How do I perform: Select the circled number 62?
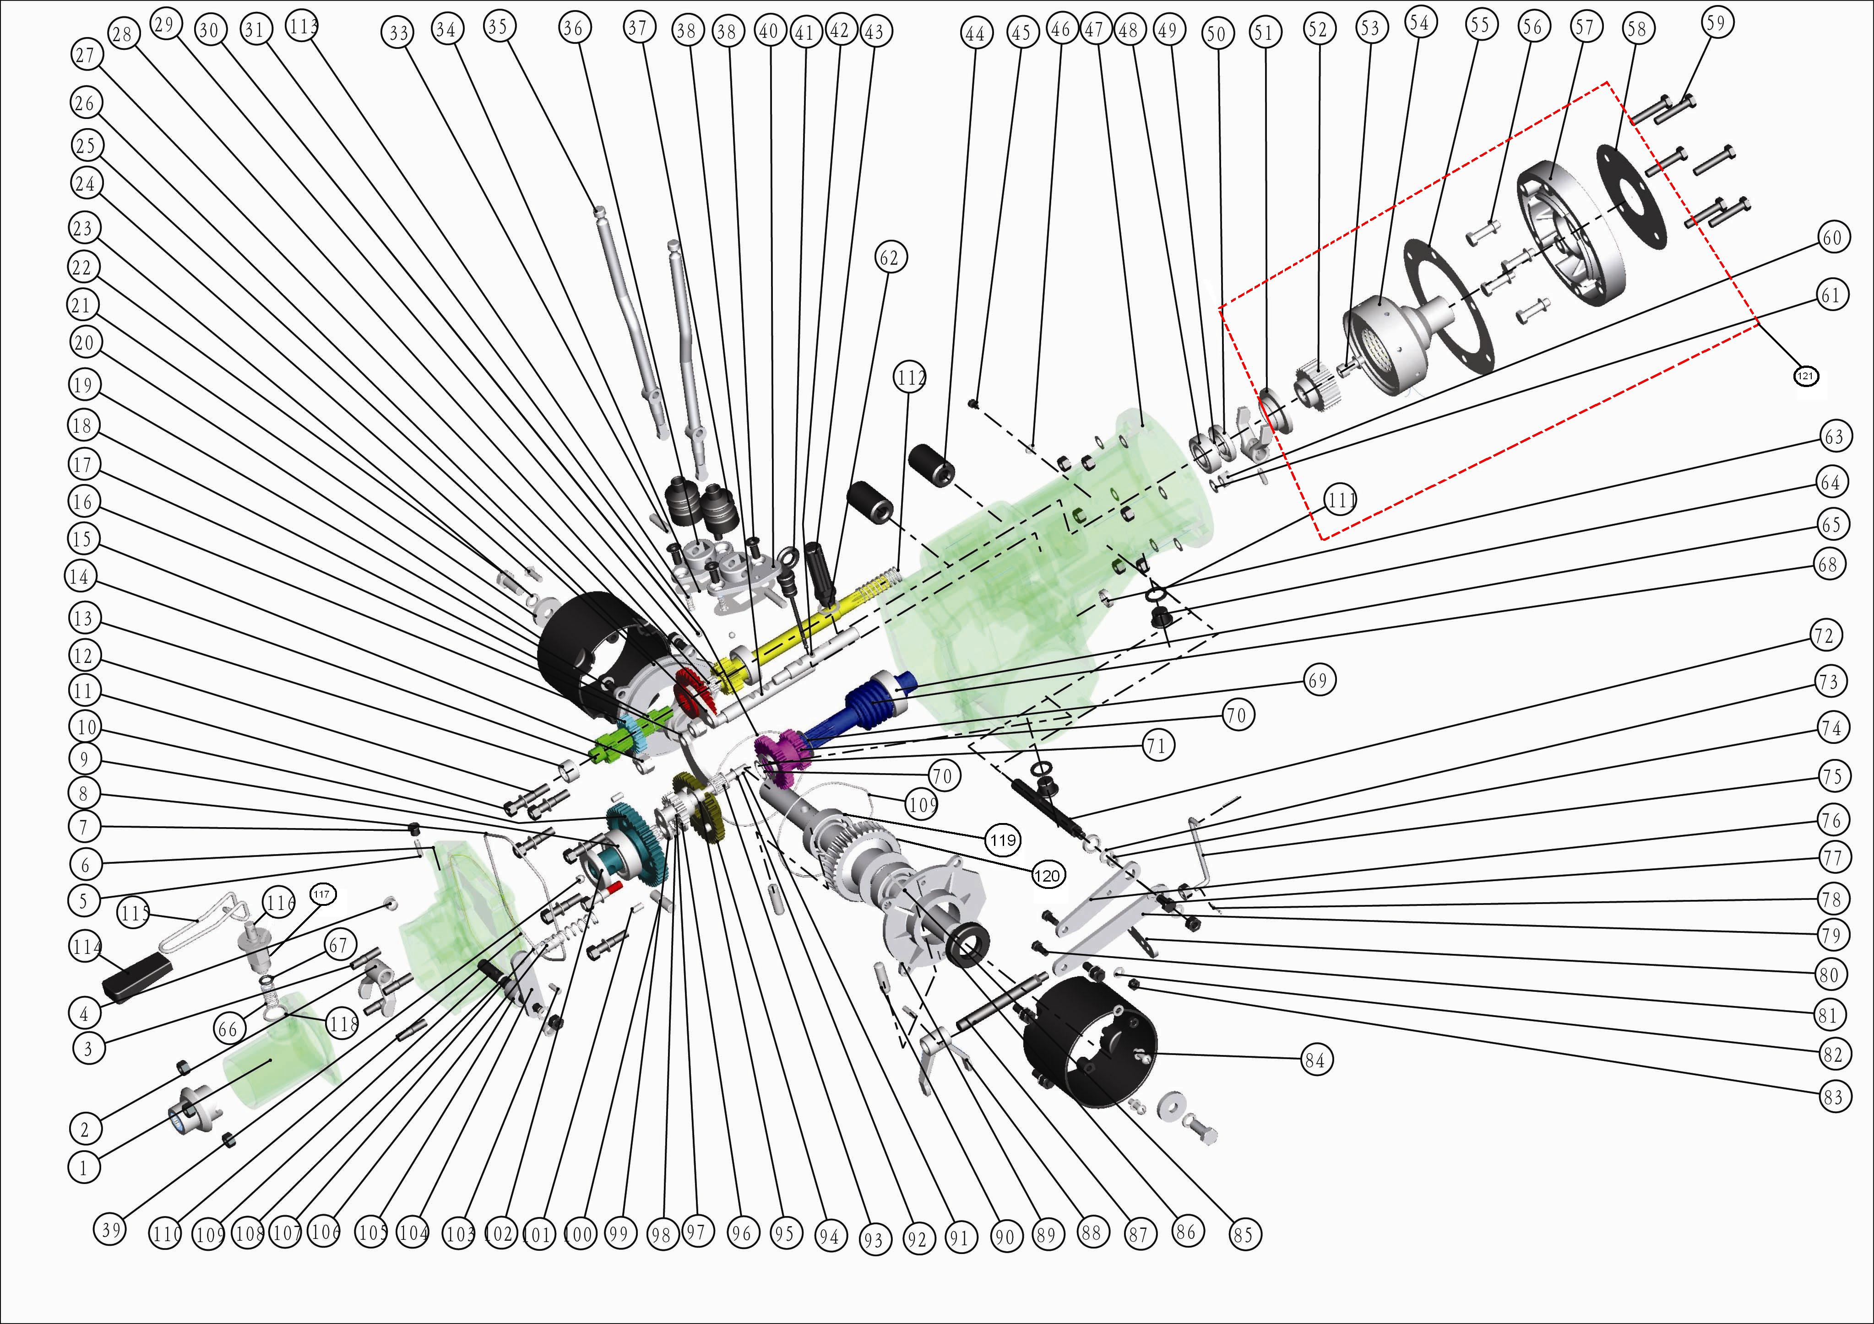point(889,258)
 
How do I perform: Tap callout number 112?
point(911,378)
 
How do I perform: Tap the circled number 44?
point(975,34)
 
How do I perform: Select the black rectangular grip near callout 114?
point(137,976)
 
